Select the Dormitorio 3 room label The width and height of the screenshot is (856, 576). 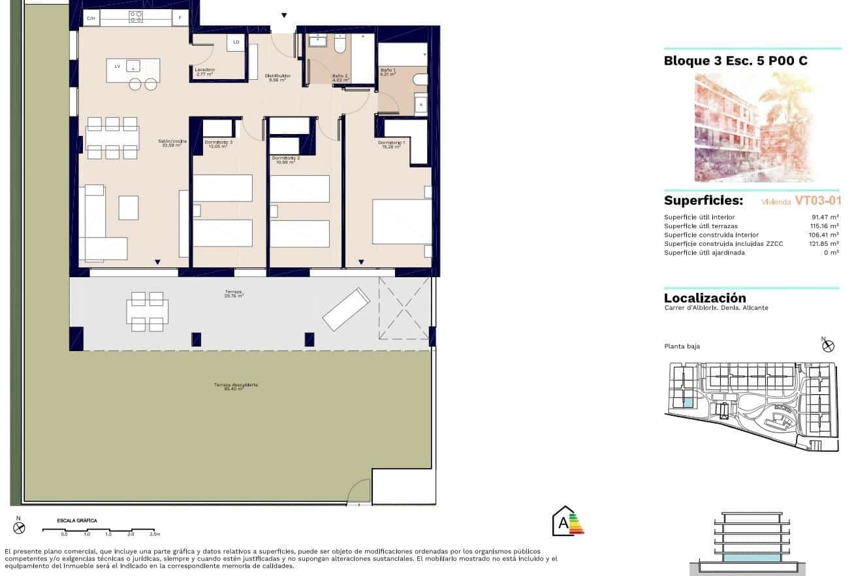(218, 144)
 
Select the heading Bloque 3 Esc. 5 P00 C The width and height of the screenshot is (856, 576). (735, 61)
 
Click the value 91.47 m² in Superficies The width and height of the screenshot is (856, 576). (824, 217)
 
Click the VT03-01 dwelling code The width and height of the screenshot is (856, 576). (817, 201)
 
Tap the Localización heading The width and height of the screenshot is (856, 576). (705, 298)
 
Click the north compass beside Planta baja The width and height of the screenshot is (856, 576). (829, 345)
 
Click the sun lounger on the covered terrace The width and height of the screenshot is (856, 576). (345, 309)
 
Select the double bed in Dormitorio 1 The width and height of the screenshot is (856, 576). (401, 222)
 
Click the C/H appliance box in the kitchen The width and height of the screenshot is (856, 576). (90, 18)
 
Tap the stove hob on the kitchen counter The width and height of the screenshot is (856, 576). (136, 17)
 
